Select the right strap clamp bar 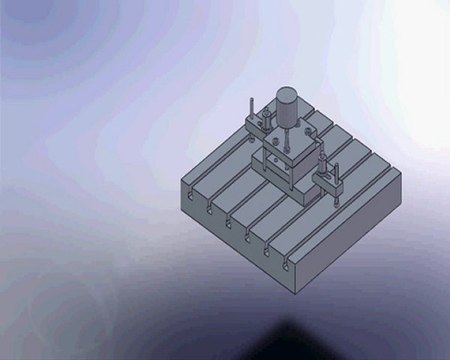pyautogui.click(x=329, y=180)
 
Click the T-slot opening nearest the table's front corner pyautogui.click(x=285, y=265)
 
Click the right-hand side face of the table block pyautogui.click(x=350, y=240)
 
